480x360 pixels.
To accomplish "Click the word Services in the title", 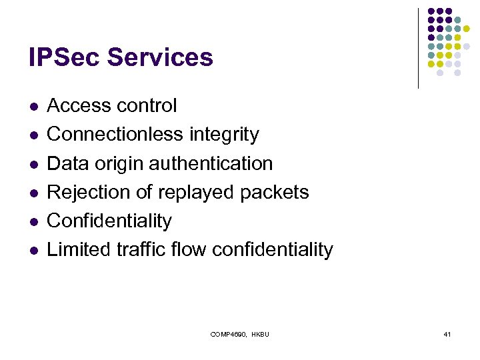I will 160,57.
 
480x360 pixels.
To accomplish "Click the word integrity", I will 224,134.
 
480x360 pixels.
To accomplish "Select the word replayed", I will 195,192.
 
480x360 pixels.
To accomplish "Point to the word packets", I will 275,192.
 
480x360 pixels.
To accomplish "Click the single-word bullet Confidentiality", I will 109,221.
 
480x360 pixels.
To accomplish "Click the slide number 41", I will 447,333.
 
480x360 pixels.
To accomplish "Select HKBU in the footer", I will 260,333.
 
